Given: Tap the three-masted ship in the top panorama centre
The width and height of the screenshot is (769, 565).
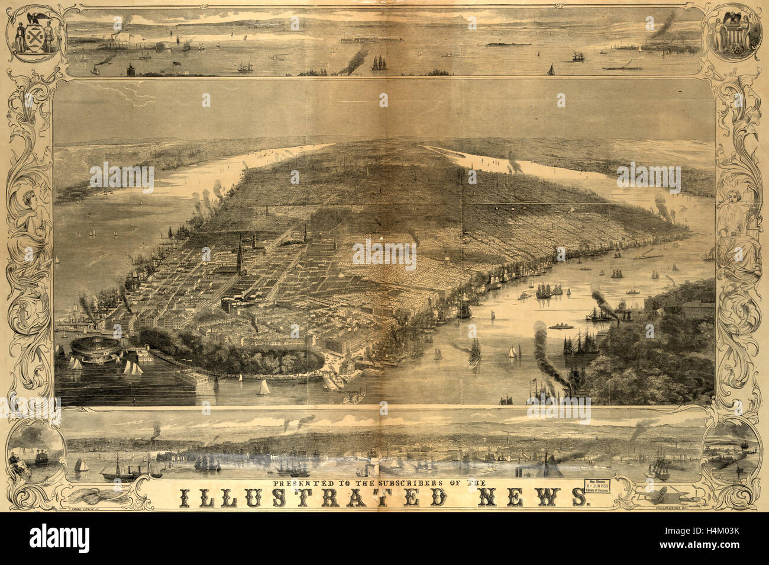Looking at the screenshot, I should [x=379, y=62].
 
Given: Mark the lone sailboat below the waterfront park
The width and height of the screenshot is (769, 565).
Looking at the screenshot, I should [x=263, y=388].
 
